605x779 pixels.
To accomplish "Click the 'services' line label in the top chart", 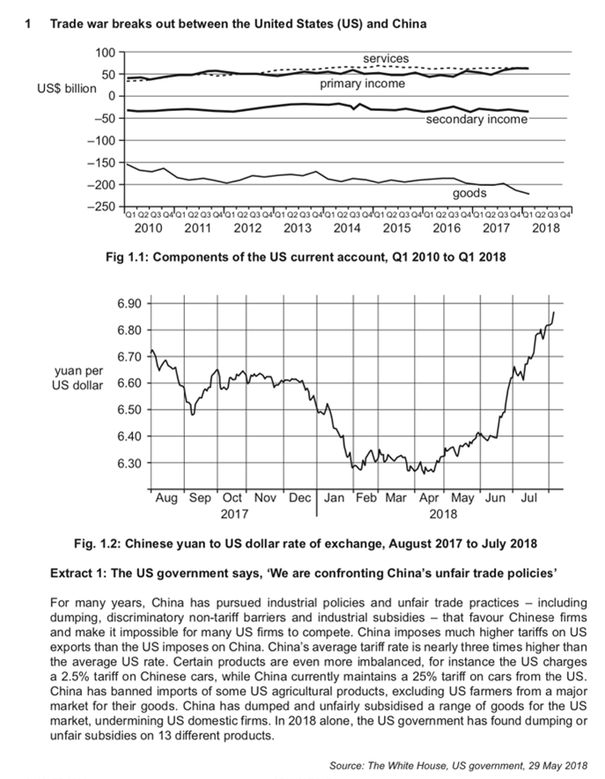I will pos(386,58).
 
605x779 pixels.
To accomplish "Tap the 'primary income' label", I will pos(362,84).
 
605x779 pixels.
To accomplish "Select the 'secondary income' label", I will pos(476,119).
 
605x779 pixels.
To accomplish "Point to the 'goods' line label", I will pos(469,192).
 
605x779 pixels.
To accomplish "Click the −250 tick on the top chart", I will pos(103,206).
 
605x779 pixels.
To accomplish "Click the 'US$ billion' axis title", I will pos(67,91).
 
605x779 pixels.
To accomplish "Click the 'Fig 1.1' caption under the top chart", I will pos(303,256).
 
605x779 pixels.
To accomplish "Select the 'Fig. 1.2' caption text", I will pos(303,540).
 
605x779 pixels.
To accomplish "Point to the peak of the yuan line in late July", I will pos(554,313).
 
